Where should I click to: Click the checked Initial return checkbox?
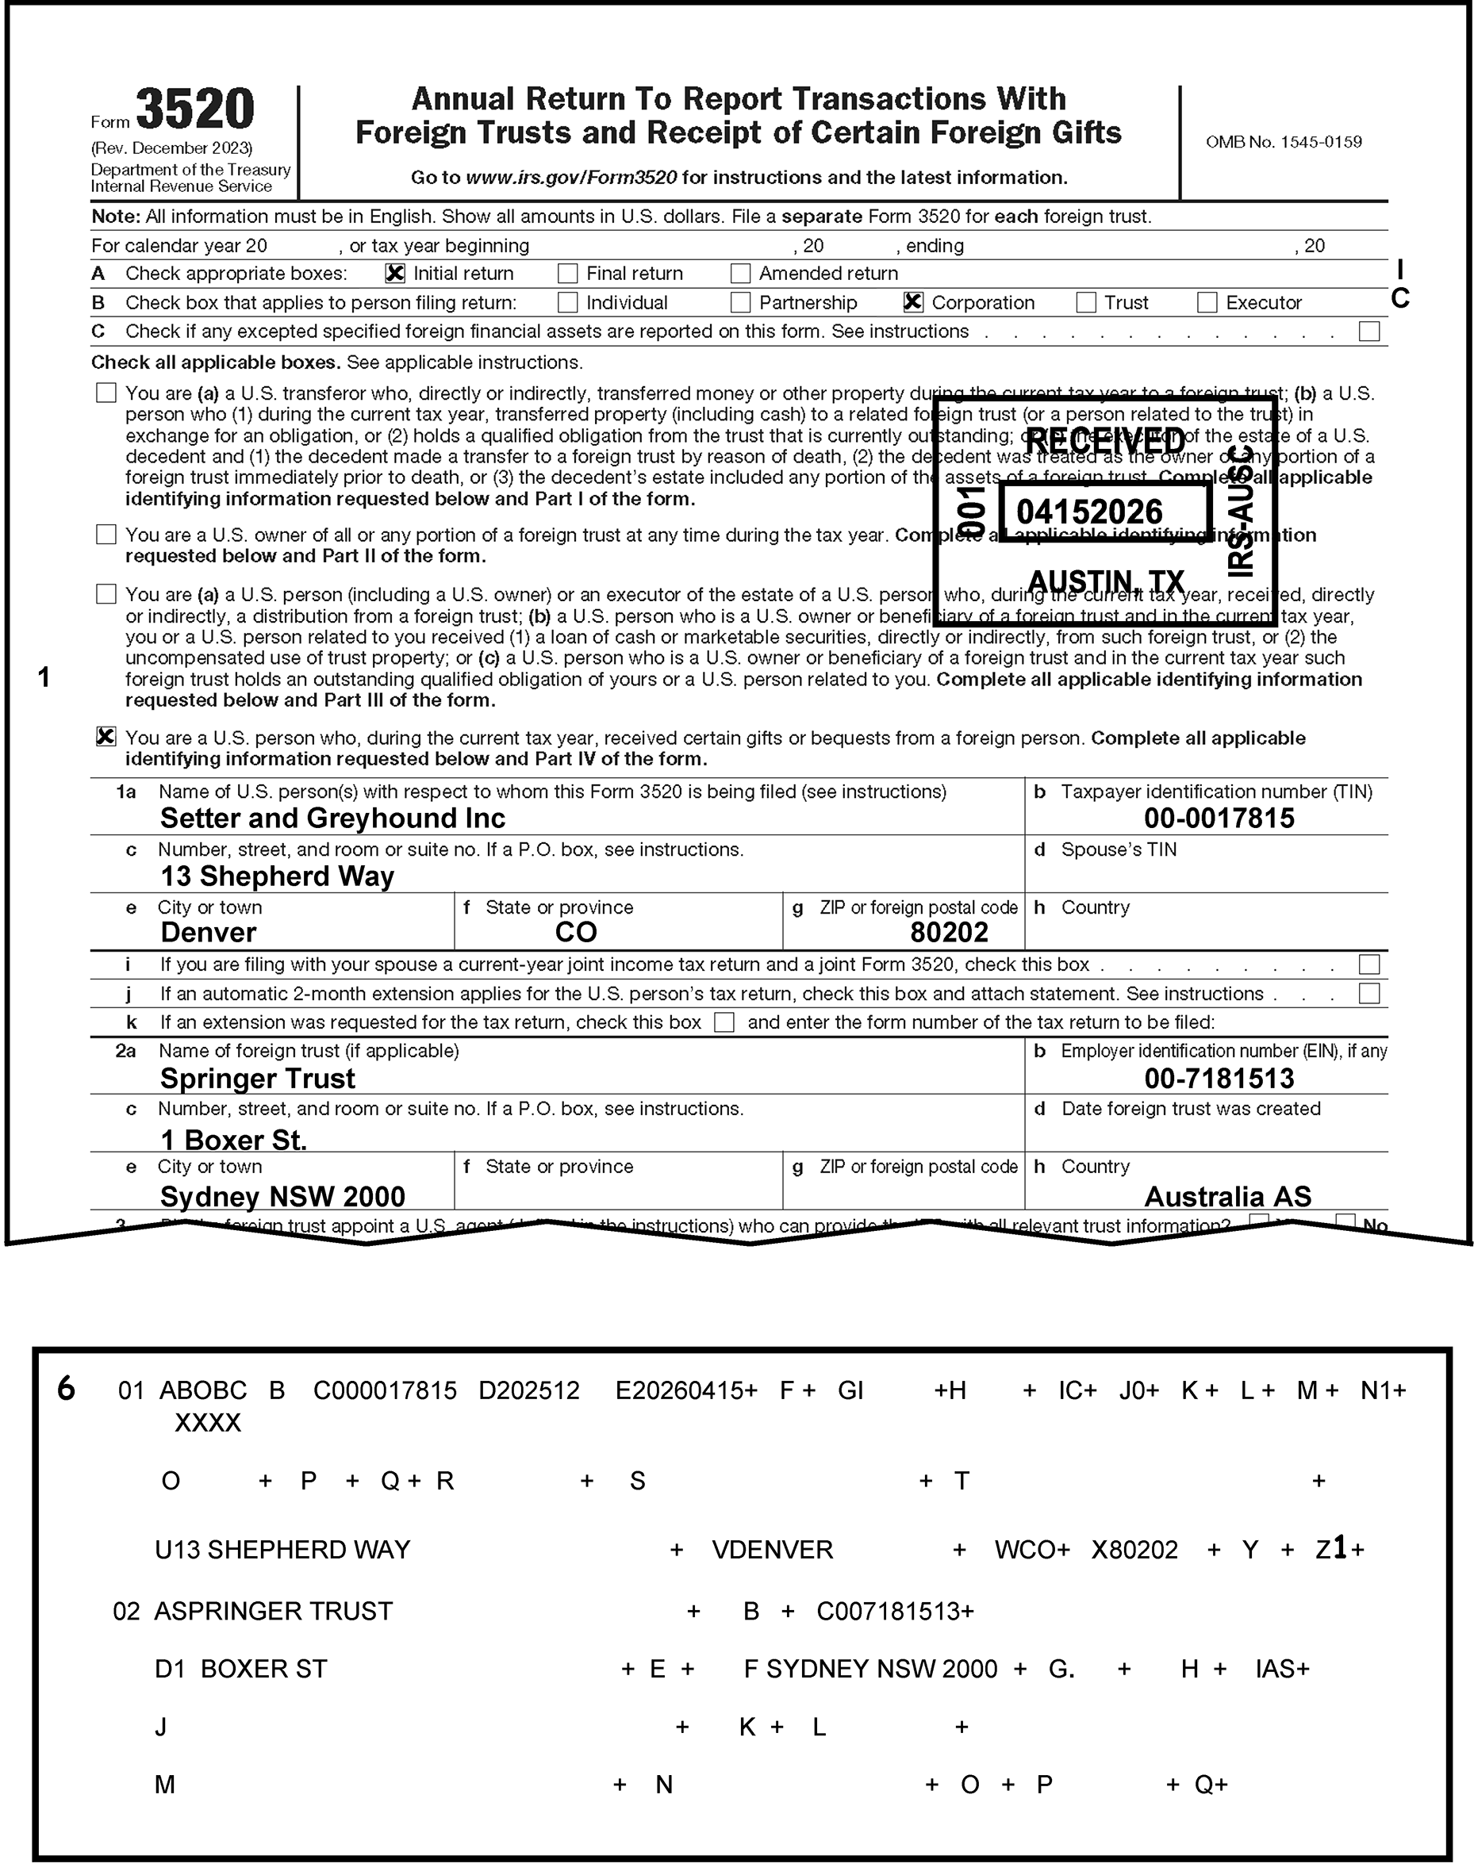(395, 274)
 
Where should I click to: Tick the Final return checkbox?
(568, 274)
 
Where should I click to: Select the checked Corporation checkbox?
(913, 303)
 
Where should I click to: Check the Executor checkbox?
(1207, 303)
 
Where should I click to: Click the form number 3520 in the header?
(195, 109)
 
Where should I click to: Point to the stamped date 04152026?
(1089, 512)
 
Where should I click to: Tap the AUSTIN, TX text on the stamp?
(1106, 581)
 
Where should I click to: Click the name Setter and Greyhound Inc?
(333, 818)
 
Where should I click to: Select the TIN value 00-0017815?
(1219, 818)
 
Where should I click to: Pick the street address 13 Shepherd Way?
(277, 876)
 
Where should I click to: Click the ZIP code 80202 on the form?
(949, 933)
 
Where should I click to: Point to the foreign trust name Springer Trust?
(257, 1079)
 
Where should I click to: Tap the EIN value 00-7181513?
(1219, 1079)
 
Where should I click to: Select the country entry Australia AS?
(1227, 1197)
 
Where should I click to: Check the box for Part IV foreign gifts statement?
(106, 737)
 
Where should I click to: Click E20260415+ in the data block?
(686, 1391)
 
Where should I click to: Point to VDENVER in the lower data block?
(773, 1550)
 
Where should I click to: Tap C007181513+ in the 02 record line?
(895, 1611)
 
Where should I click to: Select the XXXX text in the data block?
(208, 1423)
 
